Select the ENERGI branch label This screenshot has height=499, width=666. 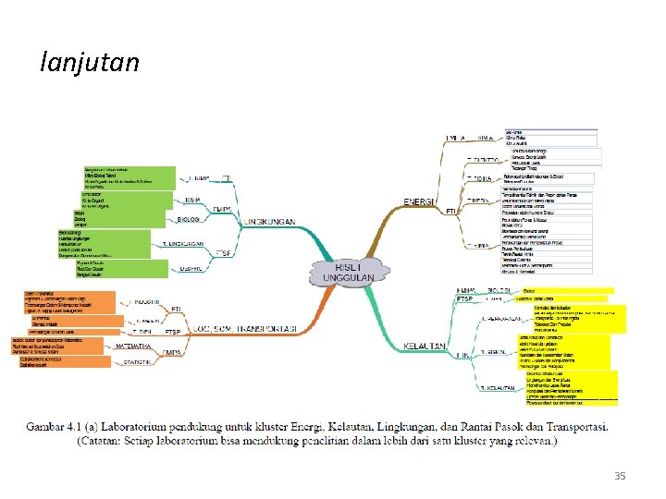coord(421,202)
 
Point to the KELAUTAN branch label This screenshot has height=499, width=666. coord(425,346)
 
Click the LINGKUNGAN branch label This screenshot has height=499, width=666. coord(270,222)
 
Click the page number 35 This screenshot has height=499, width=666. coord(619,476)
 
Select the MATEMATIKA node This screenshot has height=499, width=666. coord(133,346)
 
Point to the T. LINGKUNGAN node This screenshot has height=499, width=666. coord(184,243)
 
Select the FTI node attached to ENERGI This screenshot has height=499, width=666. coord(451,212)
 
